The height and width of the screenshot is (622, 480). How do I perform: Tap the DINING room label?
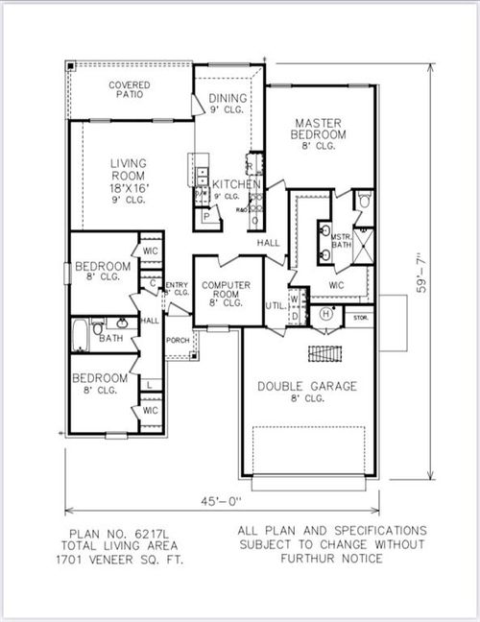[x=228, y=99]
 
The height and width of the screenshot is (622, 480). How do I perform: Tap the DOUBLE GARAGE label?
[x=306, y=387]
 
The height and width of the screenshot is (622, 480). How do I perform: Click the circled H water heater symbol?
[x=325, y=313]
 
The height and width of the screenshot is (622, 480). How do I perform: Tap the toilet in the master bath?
[x=362, y=201]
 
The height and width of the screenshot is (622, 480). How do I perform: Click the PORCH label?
[x=177, y=340]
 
